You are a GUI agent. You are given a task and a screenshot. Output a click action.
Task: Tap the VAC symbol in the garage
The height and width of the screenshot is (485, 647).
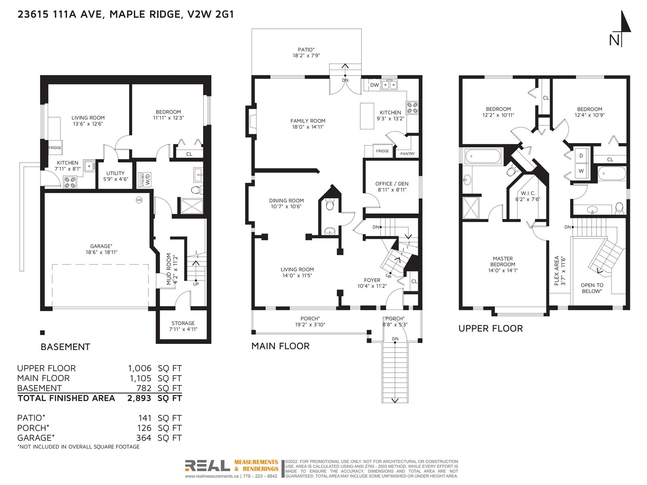pos(139,200)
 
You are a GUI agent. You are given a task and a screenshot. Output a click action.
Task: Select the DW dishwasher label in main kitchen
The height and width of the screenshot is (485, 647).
pos(374,85)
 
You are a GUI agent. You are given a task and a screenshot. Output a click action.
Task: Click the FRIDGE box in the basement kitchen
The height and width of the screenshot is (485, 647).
pos(55,148)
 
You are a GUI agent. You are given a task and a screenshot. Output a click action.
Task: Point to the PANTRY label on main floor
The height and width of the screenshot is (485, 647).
pos(407,154)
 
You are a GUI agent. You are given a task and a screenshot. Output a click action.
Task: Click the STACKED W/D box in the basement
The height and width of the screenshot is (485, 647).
pos(145,180)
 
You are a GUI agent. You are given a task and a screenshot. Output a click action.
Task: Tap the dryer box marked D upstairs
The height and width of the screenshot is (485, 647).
pos(581,156)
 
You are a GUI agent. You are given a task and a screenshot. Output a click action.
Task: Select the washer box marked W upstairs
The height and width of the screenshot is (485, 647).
pos(581,171)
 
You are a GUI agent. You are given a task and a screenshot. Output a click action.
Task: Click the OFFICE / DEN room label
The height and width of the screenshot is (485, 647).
pos(392,184)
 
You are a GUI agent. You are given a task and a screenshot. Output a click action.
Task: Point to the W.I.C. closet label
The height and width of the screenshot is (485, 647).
pos(528,193)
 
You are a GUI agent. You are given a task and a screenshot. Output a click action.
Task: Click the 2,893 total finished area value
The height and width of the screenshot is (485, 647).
pos(139,398)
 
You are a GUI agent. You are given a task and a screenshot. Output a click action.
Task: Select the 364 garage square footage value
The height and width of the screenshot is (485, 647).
pos(144,438)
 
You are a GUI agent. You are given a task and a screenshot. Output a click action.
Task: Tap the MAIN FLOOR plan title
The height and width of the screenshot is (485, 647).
pos(280,346)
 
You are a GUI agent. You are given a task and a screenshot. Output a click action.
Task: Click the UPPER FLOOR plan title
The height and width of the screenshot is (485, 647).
pos(491,328)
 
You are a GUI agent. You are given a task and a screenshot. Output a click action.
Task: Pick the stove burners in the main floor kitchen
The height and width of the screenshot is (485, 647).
pos(412,108)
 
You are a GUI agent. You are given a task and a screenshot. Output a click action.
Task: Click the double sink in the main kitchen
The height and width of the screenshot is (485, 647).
pos(389,85)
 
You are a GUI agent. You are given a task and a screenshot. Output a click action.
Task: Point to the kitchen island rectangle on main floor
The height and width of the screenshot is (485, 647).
pos(367,116)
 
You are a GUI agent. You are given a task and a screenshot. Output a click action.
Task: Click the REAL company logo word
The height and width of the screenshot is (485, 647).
pos(207,465)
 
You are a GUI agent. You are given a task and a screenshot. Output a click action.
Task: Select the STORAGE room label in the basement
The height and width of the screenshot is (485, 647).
pos(183,323)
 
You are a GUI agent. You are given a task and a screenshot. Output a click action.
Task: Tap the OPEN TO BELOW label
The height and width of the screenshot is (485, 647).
pos(592,288)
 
